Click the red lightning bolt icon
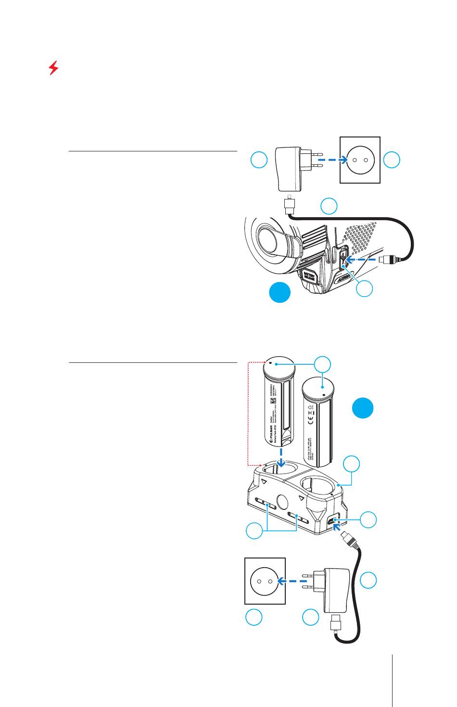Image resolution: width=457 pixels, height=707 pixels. (54, 68)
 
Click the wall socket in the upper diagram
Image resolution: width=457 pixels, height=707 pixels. (360, 160)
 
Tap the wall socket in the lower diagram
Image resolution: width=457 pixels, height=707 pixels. (265, 581)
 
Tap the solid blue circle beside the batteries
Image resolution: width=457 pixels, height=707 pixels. (362, 409)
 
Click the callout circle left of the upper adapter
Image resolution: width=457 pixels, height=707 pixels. (259, 160)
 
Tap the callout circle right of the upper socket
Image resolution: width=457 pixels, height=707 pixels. (392, 160)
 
